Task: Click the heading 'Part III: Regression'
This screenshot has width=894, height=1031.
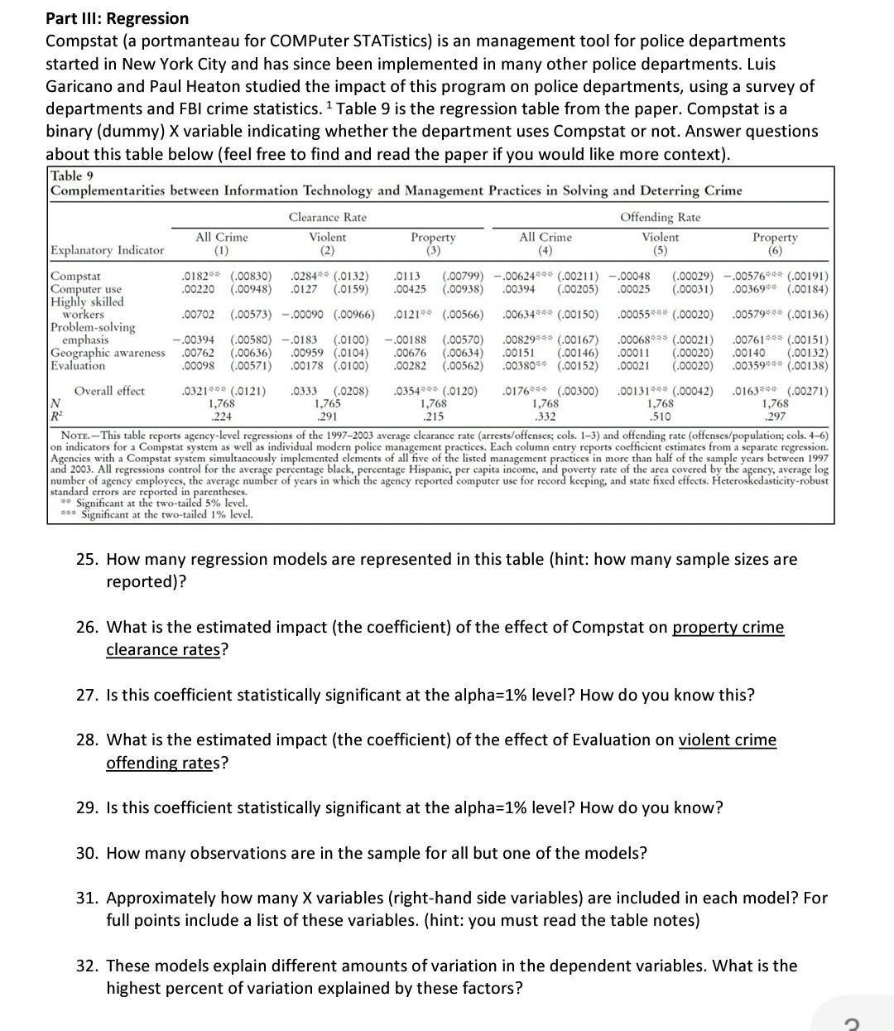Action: (117, 18)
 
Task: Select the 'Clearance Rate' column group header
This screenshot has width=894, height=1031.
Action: (327, 217)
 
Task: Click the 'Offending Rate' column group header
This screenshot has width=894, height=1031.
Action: (660, 217)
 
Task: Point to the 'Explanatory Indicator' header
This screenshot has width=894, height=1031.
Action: (108, 250)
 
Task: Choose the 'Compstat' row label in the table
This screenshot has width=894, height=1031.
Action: (75, 276)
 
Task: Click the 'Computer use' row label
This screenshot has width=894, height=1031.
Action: (86, 288)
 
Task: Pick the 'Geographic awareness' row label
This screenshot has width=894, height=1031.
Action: (108, 353)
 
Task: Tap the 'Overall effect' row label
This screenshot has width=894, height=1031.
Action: (109, 391)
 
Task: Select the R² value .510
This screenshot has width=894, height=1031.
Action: (660, 416)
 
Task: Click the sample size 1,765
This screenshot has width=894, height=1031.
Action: (328, 403)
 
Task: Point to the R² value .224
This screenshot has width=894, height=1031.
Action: (221, 416)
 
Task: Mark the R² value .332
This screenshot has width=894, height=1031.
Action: (545, 416)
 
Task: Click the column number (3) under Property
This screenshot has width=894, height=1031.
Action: (433, 249)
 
